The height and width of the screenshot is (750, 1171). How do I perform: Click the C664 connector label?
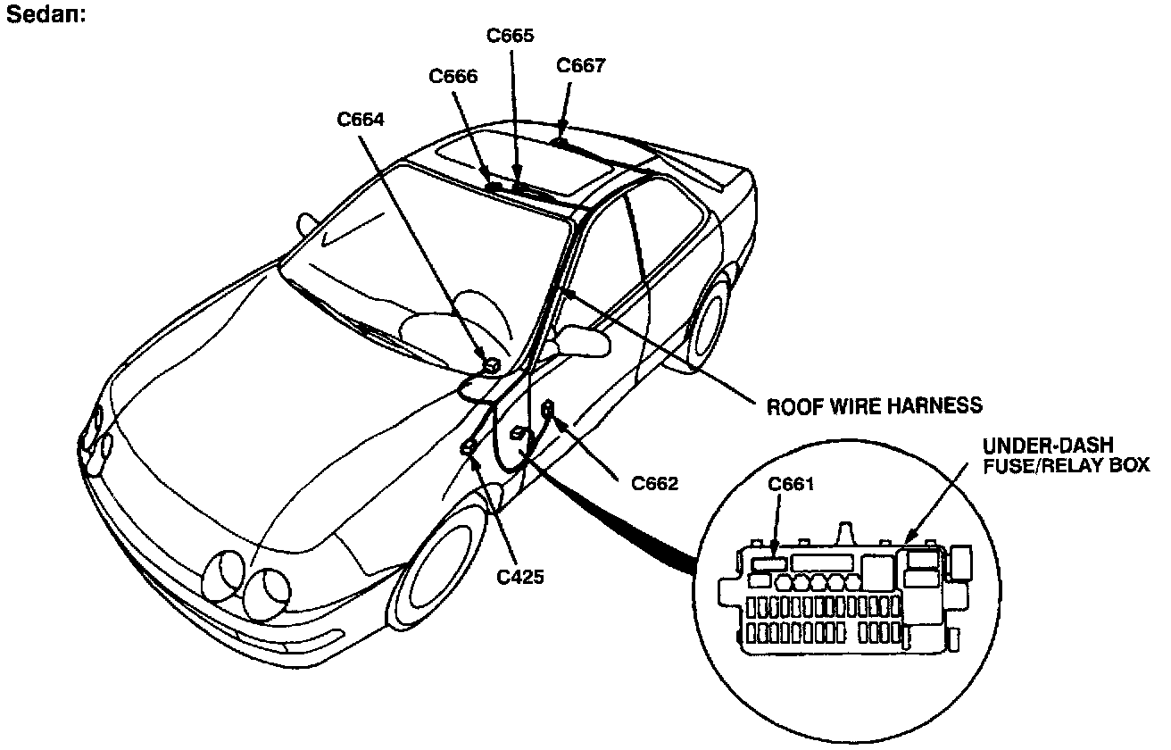361,119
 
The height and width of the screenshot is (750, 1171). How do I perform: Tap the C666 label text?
453,77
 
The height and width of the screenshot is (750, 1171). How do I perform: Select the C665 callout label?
510,37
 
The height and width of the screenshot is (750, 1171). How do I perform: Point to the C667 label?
581,66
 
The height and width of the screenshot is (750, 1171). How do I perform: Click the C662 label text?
654,483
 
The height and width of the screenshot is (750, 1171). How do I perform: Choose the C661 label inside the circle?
791,485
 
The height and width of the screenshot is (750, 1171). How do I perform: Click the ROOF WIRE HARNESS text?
875,405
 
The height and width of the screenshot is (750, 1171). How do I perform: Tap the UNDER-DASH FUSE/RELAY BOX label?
1066,454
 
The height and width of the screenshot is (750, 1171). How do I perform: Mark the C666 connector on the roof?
493,186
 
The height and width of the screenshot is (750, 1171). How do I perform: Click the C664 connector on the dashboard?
490,363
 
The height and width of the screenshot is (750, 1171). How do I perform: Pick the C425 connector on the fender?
468,447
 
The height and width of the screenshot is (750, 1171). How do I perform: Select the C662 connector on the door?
548,409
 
